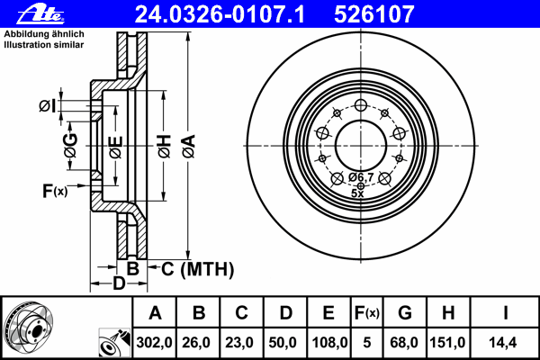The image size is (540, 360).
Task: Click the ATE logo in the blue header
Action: (x=40, y=14)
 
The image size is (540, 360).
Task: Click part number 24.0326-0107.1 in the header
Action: (x=220, y=14)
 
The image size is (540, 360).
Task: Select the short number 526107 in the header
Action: (x=374, y=14)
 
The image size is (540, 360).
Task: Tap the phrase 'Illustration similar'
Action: (x=44, y=45)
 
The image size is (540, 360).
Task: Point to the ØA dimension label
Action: (x=189, y=146)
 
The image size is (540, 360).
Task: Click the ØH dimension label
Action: (x=165, y=146)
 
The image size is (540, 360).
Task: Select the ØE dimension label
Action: (x=116, y=147)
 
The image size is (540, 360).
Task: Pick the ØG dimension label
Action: (x=71, y=146)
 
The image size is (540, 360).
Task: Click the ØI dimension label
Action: (x=47, y=106)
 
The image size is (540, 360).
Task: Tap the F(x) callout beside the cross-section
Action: (x=55, y=191)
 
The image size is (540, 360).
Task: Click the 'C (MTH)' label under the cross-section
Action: (x=197, y=269)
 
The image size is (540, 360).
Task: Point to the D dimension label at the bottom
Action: (x=119, y=283)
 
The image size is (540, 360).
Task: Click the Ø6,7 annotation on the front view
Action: (x=361, y=177)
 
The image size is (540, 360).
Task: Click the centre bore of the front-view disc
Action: (x=361, y=146)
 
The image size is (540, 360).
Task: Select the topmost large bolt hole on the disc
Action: (x=361, y=105)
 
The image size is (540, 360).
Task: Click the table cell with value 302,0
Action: (x=154, y=342)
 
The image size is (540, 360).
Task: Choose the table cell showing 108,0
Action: (x=329, y=342)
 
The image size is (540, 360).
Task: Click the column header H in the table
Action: (x=448, y=312)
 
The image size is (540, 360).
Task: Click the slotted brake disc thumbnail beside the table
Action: (x=29, y=326)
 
